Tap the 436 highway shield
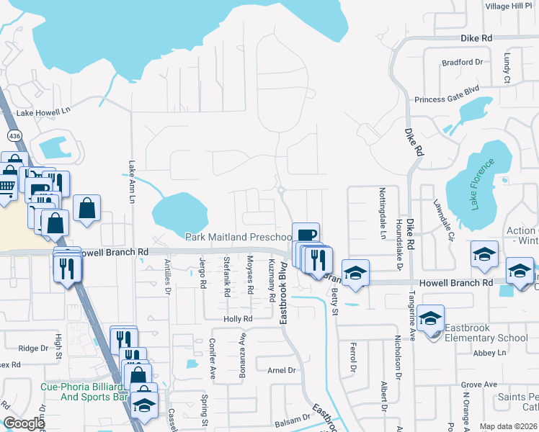[x=14, y=135]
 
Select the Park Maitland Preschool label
[x=237, y=237]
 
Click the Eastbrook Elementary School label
[x=486, y=333]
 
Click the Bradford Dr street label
[x=462, y=63]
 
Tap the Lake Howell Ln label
[x=45, y=112]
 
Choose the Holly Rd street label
[x=238, y=318]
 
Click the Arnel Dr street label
[x=282, y=370]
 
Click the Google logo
[x=24, y=423]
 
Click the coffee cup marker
[x=306, y=235]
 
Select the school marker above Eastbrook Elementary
[x=430, y=318]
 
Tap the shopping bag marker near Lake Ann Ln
[x=86, y=209]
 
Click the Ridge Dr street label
[x=33, y=348]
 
